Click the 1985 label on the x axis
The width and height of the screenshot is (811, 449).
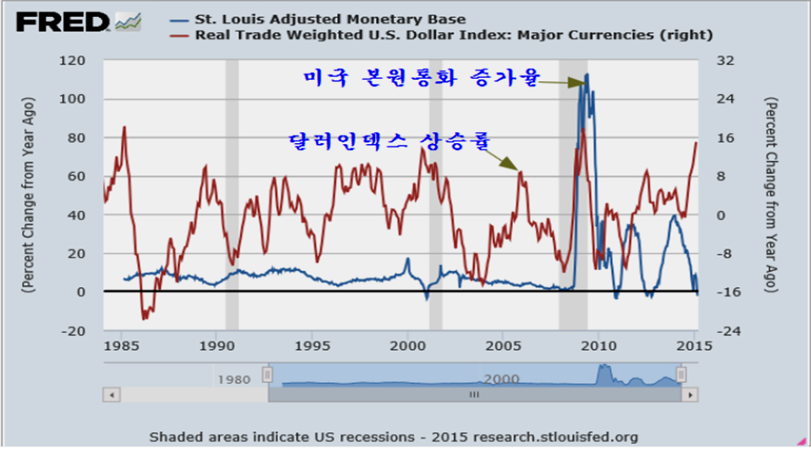[x=123, y=346]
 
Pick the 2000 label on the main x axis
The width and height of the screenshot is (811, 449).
[x=408, y=346]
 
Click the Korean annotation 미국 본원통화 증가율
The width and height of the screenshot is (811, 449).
[x=421, y=79]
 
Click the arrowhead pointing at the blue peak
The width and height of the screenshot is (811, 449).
[x=579, y=82]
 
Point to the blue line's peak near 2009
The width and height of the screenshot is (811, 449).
[x=587, y=75]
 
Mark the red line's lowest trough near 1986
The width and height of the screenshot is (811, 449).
[x=145, y=318]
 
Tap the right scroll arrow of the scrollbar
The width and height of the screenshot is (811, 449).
[x=692, y=395]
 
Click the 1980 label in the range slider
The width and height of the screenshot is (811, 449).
[x=234, y=378]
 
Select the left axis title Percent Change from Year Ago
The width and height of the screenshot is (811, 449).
[x=28, y=195]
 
